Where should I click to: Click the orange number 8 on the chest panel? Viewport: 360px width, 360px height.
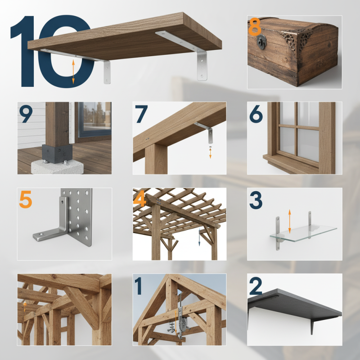coord(254,27)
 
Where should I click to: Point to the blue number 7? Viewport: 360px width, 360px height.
coord(141,115)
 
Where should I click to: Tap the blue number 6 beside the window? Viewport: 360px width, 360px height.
coord(256,115)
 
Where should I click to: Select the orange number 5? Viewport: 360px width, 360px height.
coord(25,200)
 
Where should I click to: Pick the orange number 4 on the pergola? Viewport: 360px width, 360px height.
coord(140,200)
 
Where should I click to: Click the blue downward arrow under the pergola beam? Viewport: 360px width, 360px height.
coord(198,238)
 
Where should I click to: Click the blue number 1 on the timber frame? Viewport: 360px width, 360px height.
coord(140,285)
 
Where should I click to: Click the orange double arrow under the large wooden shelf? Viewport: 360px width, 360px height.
coord(73,73)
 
